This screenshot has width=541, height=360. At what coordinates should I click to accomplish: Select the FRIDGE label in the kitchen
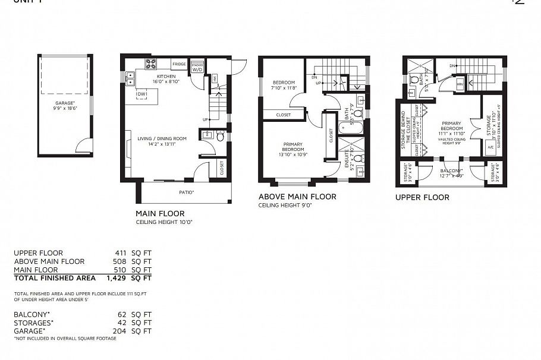click(x=178, y=64)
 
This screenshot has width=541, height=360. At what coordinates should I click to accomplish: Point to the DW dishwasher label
click(x=141, y=94)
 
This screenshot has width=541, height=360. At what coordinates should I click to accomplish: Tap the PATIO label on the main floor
click(x=187, y=192)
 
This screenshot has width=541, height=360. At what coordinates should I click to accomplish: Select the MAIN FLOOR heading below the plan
click(x=160, y=213)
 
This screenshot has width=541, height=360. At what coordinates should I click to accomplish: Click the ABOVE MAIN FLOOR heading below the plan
click(x=297, y=197)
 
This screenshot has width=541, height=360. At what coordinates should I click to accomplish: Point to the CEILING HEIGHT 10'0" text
click(x=164, y=222)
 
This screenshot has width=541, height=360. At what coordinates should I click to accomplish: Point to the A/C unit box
click(x=490, y=149)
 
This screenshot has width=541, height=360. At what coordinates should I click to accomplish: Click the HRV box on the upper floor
click(x=460, y=84)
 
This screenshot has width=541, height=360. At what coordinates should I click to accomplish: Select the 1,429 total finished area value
click(x=117, y=277)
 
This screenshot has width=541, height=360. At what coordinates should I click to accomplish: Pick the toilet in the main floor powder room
click(x=220, y=137)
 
